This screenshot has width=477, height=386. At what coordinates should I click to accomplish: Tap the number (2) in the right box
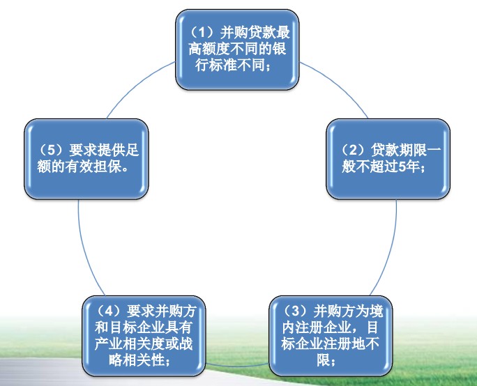[354, 150]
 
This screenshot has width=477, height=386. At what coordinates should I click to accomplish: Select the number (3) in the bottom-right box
[296, 311]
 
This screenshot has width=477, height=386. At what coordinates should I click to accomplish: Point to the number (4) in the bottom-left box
[109, 311]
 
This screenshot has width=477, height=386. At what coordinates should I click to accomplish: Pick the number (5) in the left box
[52, 150]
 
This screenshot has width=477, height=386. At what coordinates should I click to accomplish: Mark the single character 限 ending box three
[324, 360]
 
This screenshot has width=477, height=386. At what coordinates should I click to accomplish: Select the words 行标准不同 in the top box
[230, 65]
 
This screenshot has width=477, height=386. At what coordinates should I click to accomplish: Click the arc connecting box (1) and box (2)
[338, 86]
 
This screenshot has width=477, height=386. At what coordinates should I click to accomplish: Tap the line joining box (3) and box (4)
[237, 364]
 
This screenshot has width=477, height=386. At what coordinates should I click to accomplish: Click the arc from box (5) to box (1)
[137, 86]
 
